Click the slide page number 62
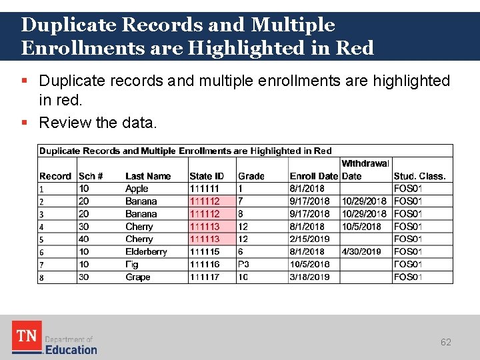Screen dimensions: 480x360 coord(445,342)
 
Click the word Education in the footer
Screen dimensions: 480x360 coord(71,349)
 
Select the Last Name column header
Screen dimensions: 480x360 coord(148,176)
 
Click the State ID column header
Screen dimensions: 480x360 coord(207,176)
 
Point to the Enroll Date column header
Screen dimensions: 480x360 coord(314,176)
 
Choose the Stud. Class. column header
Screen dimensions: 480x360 coord(419,176)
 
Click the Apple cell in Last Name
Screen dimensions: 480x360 coord(137,189)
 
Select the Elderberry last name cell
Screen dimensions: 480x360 coord(146,252)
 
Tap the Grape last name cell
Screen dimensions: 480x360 coord(137,277)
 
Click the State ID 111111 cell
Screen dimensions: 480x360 coord(204,189)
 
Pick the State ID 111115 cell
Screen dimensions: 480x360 coord(204,252)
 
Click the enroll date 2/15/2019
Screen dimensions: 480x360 coord(309,239)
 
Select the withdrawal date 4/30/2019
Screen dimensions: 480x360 coord(361,252)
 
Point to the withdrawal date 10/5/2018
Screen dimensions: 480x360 coord(361,227)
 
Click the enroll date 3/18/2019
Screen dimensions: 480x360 coord(309,277)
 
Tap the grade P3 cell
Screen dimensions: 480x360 coord(243,265)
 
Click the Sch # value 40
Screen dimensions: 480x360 coord(84,239)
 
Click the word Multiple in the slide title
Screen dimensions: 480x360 coord(293,25)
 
